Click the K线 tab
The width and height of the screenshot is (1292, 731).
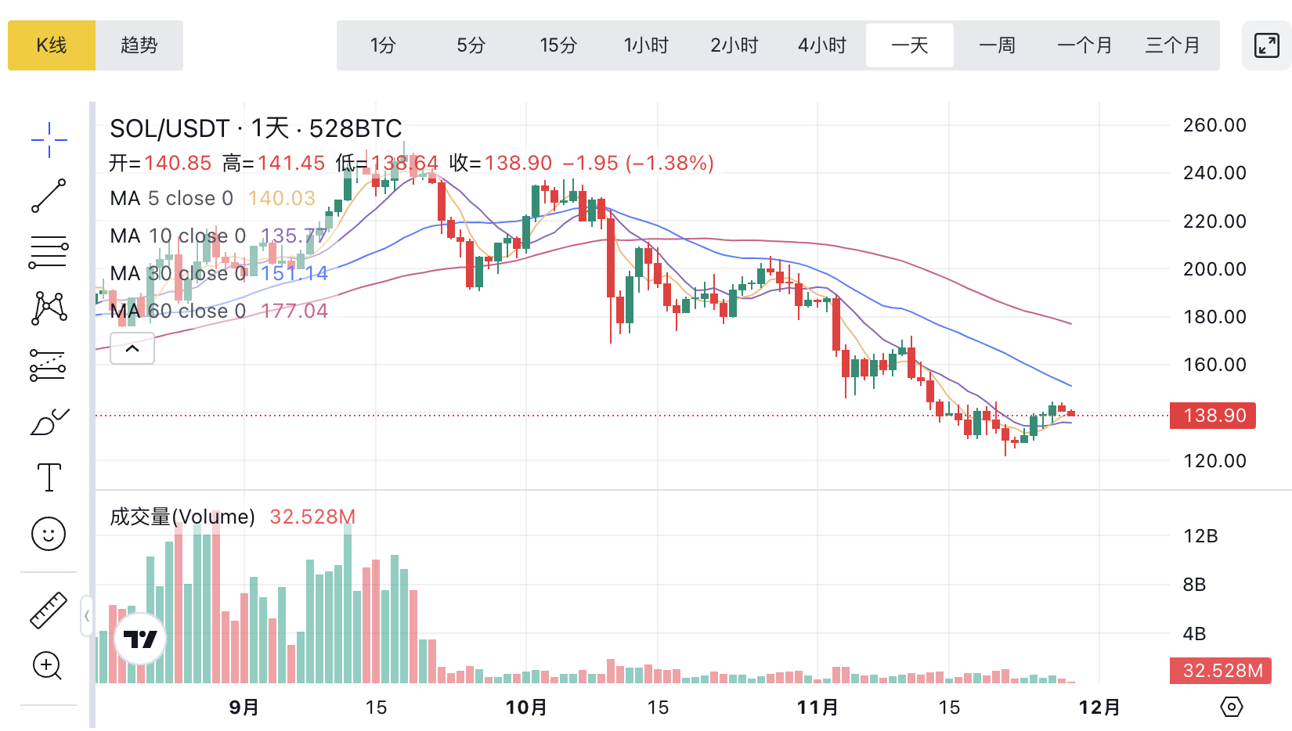pos(52,45)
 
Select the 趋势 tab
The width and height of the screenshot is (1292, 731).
pos(139,45)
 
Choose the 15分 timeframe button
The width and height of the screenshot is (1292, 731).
pos(558,45)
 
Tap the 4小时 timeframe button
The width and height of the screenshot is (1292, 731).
pos(822,45)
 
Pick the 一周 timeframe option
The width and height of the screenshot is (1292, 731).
pos(997,45)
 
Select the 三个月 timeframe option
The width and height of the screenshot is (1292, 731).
pos(1172,45)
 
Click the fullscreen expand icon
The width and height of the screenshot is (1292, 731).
pos(1266,45)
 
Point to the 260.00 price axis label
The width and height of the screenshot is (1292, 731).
pos(1214,125)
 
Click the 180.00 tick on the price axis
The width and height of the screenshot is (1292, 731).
pos(1214,317)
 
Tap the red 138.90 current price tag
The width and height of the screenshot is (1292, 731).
pos(1213,416)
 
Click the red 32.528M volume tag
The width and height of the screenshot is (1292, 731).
pos(1221,671)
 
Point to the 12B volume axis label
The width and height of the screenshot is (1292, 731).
pos(1200,536)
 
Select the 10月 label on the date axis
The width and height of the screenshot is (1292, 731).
pos(526,708)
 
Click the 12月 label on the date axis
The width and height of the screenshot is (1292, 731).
pos(1099,708)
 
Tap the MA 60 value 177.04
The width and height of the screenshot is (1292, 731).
pos(294,311)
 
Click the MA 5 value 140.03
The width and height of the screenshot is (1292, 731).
pos(282,199)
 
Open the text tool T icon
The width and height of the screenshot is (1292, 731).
pos(49,477)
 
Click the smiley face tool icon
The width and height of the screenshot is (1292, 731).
pos(49,535)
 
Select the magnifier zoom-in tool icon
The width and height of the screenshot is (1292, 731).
pos(48,666)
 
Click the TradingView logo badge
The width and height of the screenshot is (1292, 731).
pos(141,639)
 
